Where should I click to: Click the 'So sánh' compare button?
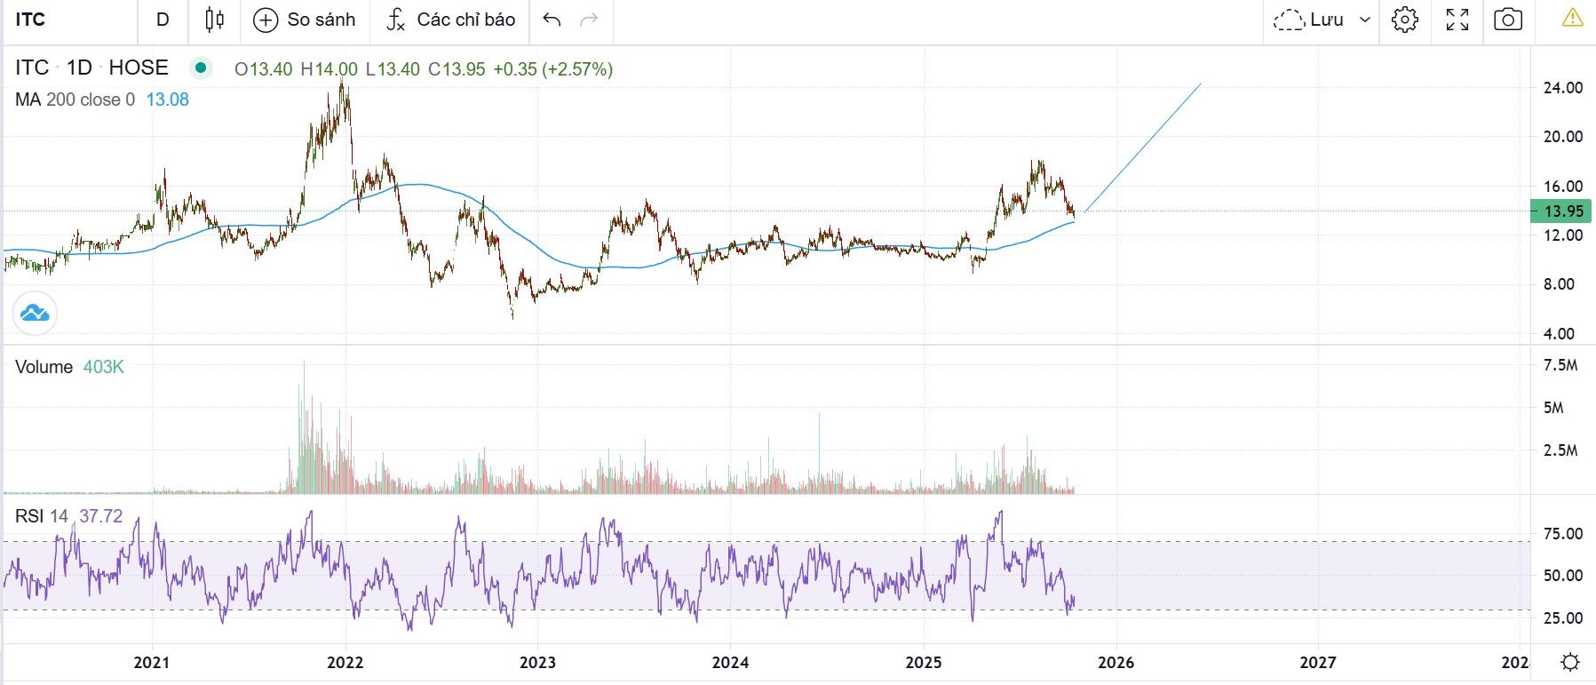click(x=305, y=20)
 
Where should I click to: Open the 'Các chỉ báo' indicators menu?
click(x=451, y=20)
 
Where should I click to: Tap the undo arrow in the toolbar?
click(x=552, y=20)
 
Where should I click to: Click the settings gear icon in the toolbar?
click(x=1404, y=20)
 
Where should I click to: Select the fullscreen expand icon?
click(x=1457, y=20)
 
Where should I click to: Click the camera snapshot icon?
click(x=1507, y=20)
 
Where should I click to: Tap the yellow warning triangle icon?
click(x=1572, y=18)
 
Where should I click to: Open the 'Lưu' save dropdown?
click(x=1322, y=20)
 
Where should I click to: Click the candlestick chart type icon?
click(x=214, y=20)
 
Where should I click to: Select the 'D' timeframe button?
click(x=163, y=20)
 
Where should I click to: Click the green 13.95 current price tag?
click(x=1562, y=211)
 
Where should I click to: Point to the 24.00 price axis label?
click(x=1562, y=88)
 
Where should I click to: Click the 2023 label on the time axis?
click(x=537, y=663)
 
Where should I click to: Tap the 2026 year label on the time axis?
click(x=1116, y=663)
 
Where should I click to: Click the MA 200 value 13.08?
click(x=167, y=100)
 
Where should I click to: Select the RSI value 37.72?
click(x=100, y=516)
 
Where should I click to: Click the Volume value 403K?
click(x=103, y=367)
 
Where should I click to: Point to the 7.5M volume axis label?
click(x=1560, y=365)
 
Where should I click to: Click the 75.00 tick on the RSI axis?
click(x=1562, y=534)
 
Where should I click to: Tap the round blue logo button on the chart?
click(x=35, y=314)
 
